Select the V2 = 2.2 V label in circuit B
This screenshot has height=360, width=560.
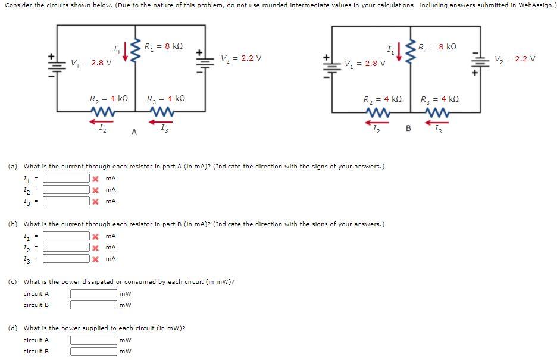pyautogui.click(x=515, y=59)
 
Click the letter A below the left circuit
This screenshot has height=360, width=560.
pyautogui.click(x=134, y=132)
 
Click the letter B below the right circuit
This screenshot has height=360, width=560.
pyautogui.click(x=408, y=127)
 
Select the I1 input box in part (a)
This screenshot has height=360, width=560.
pyautogui.click(x=65, y=179)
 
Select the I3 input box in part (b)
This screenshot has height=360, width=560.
pyautogui.click(x=65, y=259)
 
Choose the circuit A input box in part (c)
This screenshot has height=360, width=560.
pyautogui.click(x=93, y=293)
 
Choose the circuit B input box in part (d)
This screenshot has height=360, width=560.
pyautogui.click(x=93, y=351)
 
